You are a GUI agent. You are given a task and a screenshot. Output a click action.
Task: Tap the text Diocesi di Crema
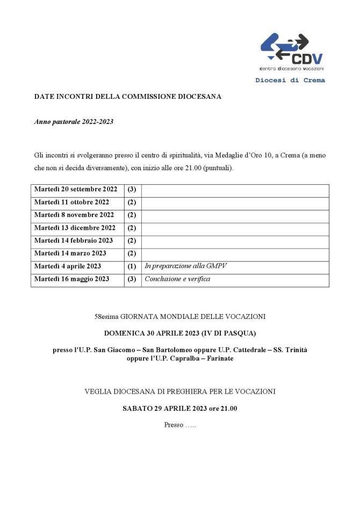tap(290, 81)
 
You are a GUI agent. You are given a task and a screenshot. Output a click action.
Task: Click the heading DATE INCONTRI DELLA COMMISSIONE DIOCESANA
tap(128, 97)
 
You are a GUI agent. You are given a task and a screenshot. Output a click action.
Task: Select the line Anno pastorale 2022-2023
tap(74, 122)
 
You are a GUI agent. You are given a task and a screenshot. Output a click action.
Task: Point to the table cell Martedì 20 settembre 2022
tap(76, 190)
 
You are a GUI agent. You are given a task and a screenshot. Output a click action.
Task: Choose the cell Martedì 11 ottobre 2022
tap(71, 202)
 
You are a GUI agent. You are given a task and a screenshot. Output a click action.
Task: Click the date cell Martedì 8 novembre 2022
tap(74, 215)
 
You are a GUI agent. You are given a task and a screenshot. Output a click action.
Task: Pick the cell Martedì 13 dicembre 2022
tap(75, 228)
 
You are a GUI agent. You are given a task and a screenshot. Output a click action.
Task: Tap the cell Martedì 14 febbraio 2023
tap(74, 241)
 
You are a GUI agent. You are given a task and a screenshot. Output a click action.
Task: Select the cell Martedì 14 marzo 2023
tap(70, 253)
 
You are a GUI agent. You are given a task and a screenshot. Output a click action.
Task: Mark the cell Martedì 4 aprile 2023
tap(68, 266)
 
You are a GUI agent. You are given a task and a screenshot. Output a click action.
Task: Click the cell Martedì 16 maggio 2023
tap(71, 279)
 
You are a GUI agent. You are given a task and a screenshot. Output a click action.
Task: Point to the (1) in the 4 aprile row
tap(132, 266)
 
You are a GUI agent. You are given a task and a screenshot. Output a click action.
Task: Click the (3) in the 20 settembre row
tap(132, 190)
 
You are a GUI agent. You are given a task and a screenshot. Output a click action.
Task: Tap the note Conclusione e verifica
tap(177, 279)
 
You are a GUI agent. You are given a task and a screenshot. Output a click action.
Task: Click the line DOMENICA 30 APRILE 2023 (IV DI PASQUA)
tap(180, 333)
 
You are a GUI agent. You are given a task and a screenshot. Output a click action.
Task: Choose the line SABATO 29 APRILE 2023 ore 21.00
tap(180, 409)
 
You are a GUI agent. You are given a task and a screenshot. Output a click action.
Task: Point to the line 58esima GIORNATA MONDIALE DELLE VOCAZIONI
tap(180, 317)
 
